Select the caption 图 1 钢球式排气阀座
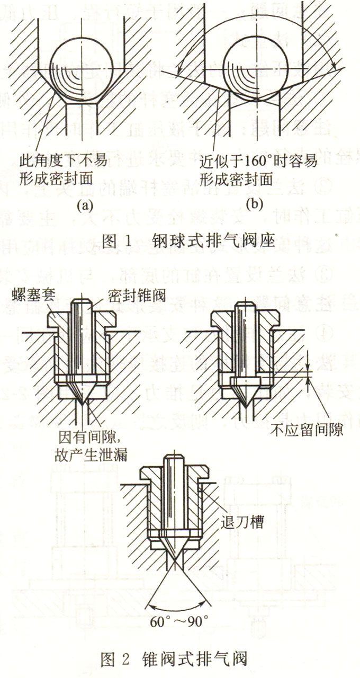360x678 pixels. tap(180, 241)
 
